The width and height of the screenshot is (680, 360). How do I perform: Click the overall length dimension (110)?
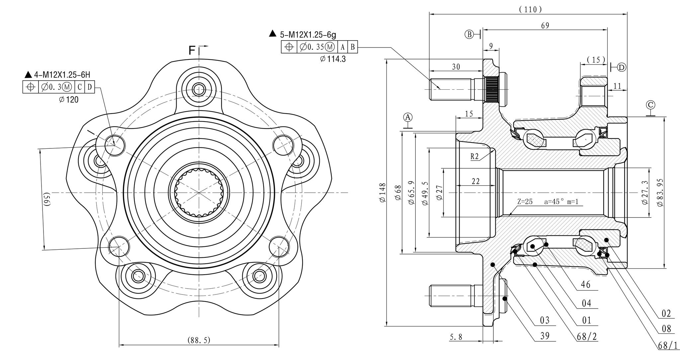pos(530,10)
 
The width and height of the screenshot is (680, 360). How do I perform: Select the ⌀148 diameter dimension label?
pos(382,193)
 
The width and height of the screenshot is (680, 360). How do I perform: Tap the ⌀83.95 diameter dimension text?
pos(660,193)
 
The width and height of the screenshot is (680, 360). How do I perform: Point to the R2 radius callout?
pos(475,156)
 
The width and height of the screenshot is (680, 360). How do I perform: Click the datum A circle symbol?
pos(408,117)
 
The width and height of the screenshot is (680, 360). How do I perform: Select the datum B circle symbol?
pos(469,34)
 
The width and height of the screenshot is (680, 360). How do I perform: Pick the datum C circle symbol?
pos(651,105)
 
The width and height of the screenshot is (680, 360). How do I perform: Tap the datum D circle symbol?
pos(622,67)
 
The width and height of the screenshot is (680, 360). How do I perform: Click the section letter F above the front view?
pos(192,50)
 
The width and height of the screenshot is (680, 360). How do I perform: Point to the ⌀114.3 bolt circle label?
pos(333,59)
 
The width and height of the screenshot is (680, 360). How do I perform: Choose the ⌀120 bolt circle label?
pos(69,99)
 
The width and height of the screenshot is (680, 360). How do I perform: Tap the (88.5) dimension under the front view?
pos(199,340)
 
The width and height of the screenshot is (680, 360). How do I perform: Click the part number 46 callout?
pos(586,285)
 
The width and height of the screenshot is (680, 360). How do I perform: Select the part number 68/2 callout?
pos(587,337)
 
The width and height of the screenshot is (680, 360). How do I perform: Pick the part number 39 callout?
pos(545,336)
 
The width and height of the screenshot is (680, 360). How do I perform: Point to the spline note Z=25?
pos(525,201)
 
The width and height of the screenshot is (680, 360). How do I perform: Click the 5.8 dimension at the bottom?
pos(456,337)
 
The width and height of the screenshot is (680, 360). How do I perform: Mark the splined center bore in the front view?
pos(199,193)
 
